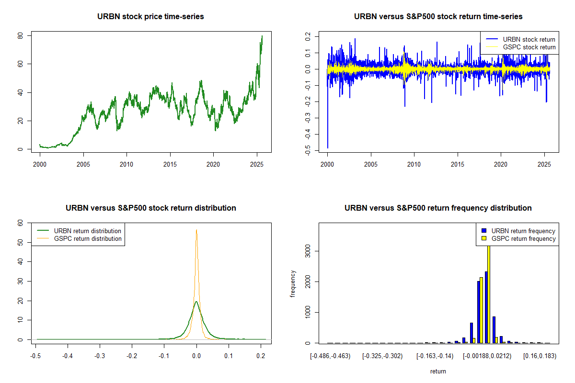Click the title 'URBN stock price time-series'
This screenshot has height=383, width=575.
150,17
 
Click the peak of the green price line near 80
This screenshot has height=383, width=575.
262,36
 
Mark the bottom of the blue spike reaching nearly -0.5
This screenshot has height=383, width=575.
328,147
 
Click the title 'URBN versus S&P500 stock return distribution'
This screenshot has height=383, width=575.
150,208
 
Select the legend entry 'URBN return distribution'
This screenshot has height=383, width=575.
87,231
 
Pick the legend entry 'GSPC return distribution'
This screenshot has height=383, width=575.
87,238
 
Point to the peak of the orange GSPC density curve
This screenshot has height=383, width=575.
196,230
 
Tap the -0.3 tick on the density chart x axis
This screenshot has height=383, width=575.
99,357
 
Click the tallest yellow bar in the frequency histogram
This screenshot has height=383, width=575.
489,292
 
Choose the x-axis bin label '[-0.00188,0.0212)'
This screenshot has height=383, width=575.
488,357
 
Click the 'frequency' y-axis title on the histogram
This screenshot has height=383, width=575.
293,284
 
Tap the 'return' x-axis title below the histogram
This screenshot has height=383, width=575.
438,371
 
